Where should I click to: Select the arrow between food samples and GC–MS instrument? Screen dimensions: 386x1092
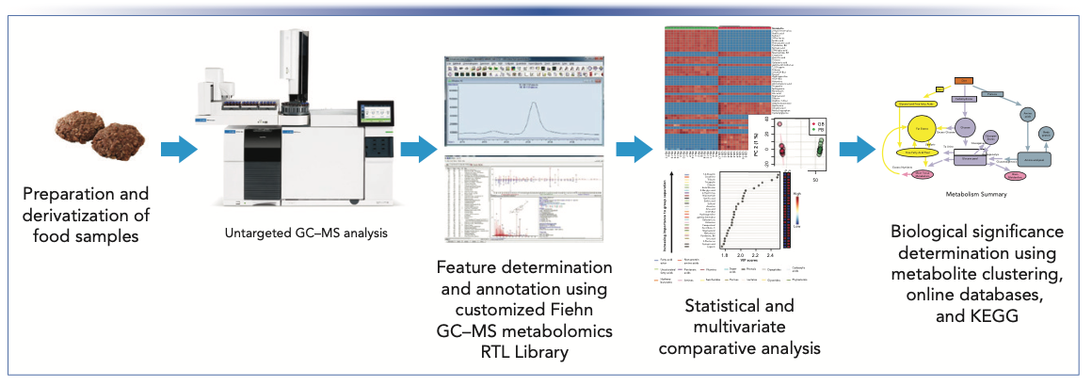[x=178, y=149]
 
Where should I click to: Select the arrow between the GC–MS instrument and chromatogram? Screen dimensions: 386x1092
[x=419, y=149]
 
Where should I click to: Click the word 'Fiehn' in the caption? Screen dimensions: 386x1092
[x=570, y=313]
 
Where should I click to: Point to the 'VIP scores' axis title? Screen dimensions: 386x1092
[x=740, y=264]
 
